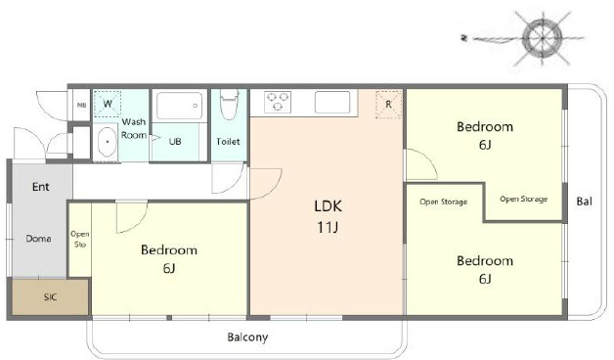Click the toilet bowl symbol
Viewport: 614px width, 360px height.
[229, 105]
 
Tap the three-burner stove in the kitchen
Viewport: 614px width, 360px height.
[278, 102]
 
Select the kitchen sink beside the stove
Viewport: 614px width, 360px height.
[332, 102]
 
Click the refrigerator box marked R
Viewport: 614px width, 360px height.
[388, 105]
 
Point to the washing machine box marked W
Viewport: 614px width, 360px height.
[108, 104]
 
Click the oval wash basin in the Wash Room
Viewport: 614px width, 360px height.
[107, 142]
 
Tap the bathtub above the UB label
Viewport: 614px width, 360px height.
[179, 106]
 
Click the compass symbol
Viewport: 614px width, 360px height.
[543, 38]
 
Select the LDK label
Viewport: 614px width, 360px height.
[328, 205]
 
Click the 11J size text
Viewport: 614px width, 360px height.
[328, 227]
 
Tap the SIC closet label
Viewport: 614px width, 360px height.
[50, 297]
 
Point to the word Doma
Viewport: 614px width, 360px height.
[38, 238]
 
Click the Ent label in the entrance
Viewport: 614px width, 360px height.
[41, 187]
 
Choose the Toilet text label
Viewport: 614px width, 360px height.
[228, 141]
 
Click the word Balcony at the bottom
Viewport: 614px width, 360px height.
[247, 337]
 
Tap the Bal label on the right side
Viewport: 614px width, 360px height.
[584, 202]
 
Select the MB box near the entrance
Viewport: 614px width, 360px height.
[82, 105]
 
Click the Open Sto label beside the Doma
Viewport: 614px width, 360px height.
[80, 239]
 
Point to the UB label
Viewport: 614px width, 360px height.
[175, 141]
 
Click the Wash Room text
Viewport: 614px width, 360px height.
[134, 128]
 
